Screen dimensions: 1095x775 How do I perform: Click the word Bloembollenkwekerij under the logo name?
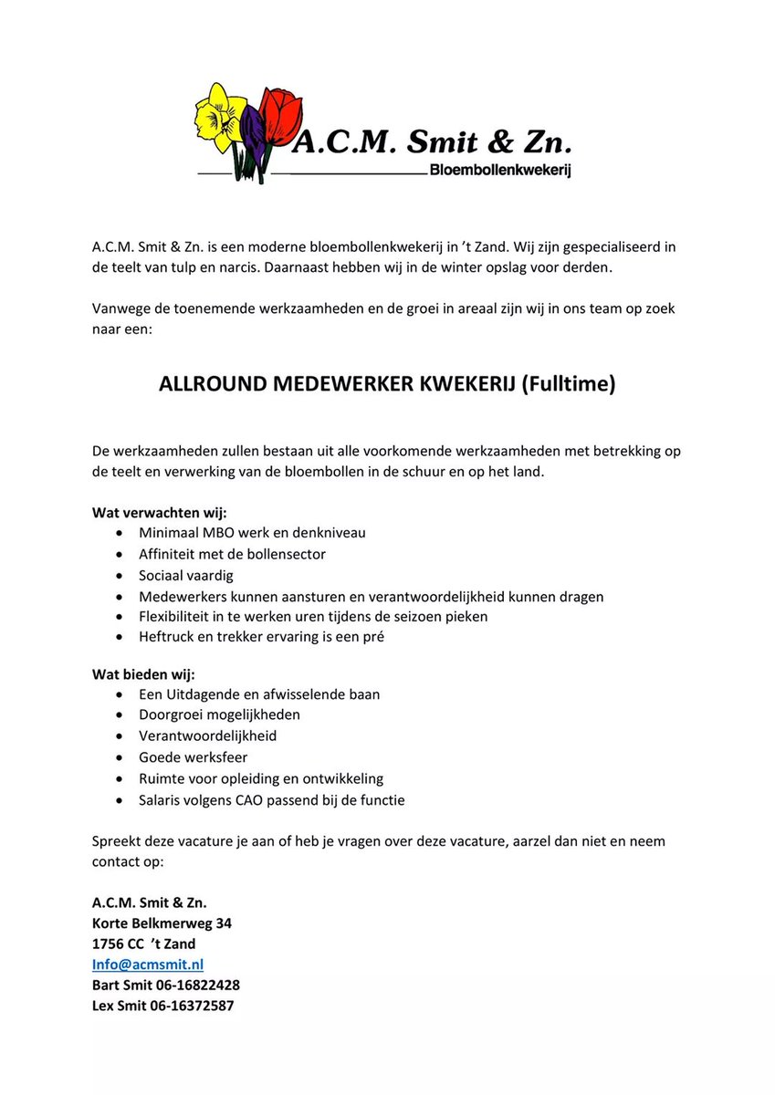tap(499, 171)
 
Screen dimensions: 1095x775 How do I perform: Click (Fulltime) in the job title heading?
tap(569, 384)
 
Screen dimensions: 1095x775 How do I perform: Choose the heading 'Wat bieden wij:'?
tap(137, 674)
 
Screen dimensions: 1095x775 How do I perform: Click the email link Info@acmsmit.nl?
tap(148, 965)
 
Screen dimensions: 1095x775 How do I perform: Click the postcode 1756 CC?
tap(118, 944)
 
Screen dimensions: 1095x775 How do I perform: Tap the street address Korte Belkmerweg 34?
tap(162, 923)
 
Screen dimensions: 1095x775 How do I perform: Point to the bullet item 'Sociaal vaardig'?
tap(186, 575)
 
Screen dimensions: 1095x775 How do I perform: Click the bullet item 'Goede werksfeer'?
tap(193, 757)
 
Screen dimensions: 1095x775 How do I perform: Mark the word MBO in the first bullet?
tap(215, 532)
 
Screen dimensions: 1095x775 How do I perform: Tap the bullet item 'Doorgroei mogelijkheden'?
tap(219, 714)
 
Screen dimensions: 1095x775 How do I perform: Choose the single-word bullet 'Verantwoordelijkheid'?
tap(207, 735)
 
